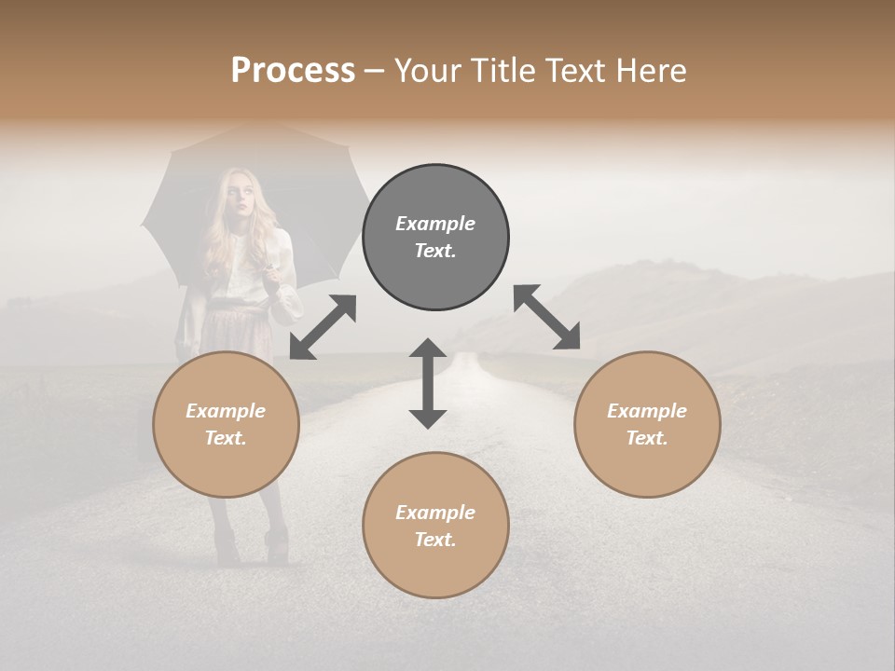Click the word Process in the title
pyautogui.click(x=293, y=71)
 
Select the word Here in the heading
pyautogui.click(x=649, y=71)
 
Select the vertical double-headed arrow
pyautogui.click(x=428, y=383)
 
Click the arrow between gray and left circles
pyautogui.click(x=323, y=327)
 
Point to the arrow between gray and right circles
pyautogui.click(x=546, y=317)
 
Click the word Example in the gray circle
pyautogui.click(x=435, y=224)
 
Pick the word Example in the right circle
pyautogui.click(x=647, y=411)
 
